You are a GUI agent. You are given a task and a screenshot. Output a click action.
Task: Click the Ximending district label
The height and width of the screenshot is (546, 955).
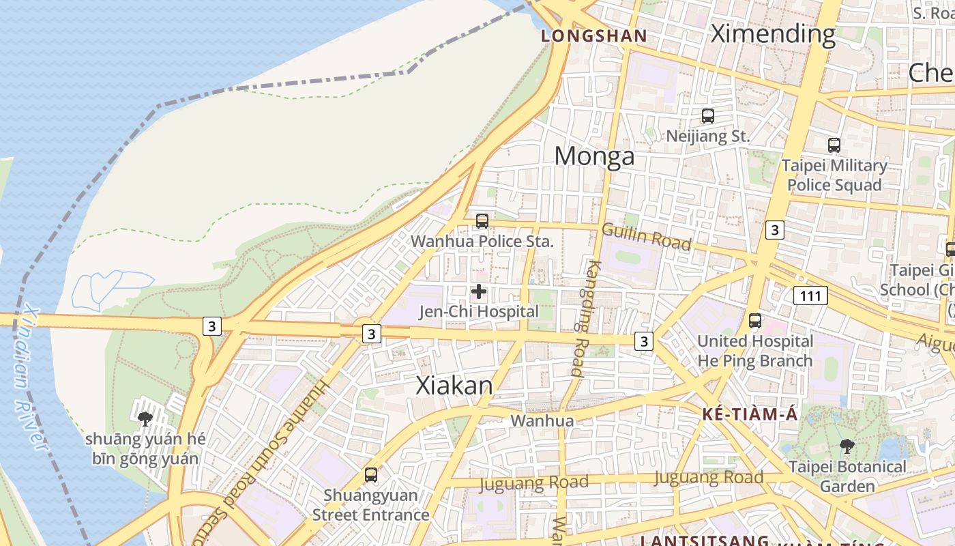773,33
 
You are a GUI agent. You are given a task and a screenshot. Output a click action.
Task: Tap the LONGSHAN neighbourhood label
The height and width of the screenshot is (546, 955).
593,36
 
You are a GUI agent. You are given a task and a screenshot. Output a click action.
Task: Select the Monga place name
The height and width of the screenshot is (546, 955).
594,156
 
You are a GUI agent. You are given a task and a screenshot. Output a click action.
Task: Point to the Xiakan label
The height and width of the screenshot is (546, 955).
454,386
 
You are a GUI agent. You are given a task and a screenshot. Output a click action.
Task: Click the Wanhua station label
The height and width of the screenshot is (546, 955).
542,420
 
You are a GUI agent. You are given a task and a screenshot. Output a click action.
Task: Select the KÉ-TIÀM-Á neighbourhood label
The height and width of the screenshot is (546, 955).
750,414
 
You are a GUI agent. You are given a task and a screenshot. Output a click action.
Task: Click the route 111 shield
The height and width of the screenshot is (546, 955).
810,296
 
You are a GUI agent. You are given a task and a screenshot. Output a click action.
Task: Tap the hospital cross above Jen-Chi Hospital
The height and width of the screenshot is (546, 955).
479,291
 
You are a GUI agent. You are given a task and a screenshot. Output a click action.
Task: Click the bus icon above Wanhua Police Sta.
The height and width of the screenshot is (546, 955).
482,221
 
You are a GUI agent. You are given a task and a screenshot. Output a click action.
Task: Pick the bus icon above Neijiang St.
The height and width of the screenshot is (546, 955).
708,116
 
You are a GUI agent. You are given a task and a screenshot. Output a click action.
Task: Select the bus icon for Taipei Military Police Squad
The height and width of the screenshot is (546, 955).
834,145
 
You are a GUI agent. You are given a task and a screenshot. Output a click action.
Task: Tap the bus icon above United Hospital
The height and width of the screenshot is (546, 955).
754,320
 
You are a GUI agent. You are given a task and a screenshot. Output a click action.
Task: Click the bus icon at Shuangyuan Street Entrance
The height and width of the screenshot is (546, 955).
370,474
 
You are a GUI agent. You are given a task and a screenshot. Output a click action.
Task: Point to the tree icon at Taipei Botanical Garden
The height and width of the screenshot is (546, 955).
847,447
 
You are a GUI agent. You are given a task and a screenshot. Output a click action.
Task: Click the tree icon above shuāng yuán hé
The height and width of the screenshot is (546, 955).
145,418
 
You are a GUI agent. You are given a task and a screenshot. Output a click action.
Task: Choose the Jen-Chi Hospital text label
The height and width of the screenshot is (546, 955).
478,312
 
